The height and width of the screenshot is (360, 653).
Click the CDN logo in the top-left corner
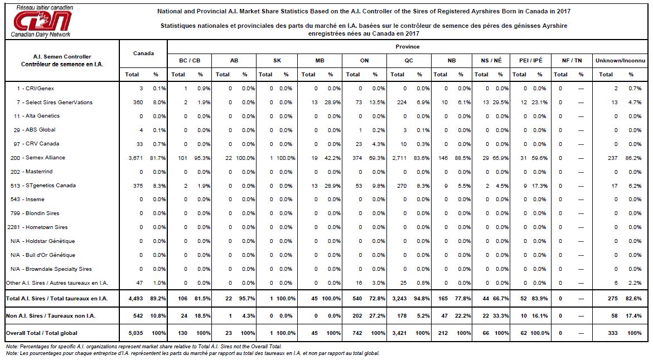(42, 21)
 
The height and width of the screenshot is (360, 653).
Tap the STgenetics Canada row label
(43, 186)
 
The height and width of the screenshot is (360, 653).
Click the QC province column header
(409, 60)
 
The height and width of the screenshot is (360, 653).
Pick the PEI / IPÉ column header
(530, 60)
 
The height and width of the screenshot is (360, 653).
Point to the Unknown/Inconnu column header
(620, 60)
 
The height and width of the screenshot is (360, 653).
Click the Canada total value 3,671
(136, 158)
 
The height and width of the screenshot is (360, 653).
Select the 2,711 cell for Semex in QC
(399, 158)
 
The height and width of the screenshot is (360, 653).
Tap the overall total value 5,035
(136, 333)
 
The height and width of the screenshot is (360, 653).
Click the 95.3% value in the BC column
(202, 158)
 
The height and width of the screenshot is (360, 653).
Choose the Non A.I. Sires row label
(50, 316)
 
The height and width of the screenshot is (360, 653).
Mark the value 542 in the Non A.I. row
(138, 316)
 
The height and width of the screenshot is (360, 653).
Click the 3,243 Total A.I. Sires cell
(399, 298)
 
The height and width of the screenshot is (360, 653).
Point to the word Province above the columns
(407, 47)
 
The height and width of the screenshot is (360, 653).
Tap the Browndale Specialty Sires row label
(51, 269)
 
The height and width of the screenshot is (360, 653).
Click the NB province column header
(452, 60)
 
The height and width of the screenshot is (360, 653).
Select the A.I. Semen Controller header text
(62, 57)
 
